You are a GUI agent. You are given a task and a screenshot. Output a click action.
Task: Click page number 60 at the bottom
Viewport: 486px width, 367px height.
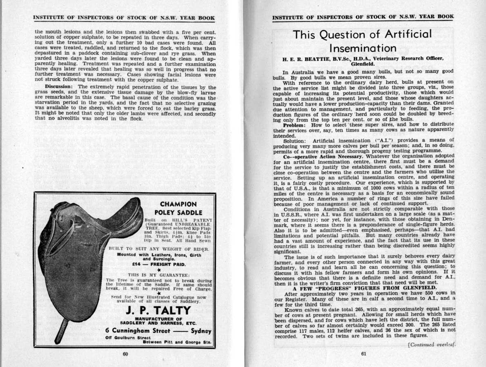pos(125,354)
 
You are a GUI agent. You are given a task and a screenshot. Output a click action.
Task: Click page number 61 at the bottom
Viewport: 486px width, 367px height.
pos(364,354)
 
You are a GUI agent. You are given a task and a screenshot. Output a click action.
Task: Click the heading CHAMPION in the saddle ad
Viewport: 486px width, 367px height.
pos(178,204)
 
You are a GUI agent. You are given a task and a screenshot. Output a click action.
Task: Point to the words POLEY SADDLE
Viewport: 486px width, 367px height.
pos(178,212)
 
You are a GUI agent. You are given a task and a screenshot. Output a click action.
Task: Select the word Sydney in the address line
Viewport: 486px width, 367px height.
pos(201,331)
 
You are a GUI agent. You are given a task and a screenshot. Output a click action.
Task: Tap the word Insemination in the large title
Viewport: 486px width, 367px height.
pos(362,48)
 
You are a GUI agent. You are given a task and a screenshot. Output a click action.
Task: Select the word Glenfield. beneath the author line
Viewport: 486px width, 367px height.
pos(362,64)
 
